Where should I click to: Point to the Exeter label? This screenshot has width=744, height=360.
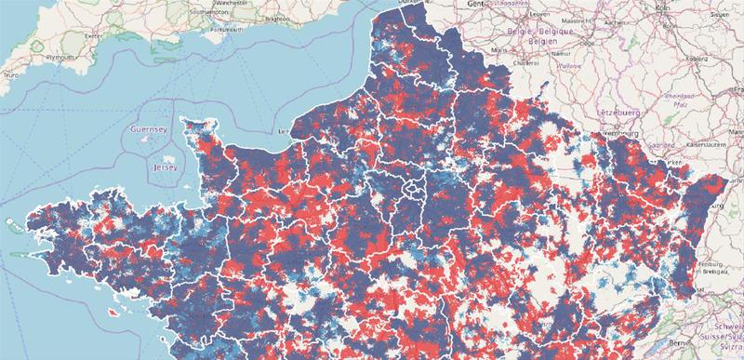click(91, 36)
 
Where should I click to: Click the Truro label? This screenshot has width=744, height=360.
click(10, 73)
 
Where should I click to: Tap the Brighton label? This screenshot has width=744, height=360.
click(274, 18)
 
